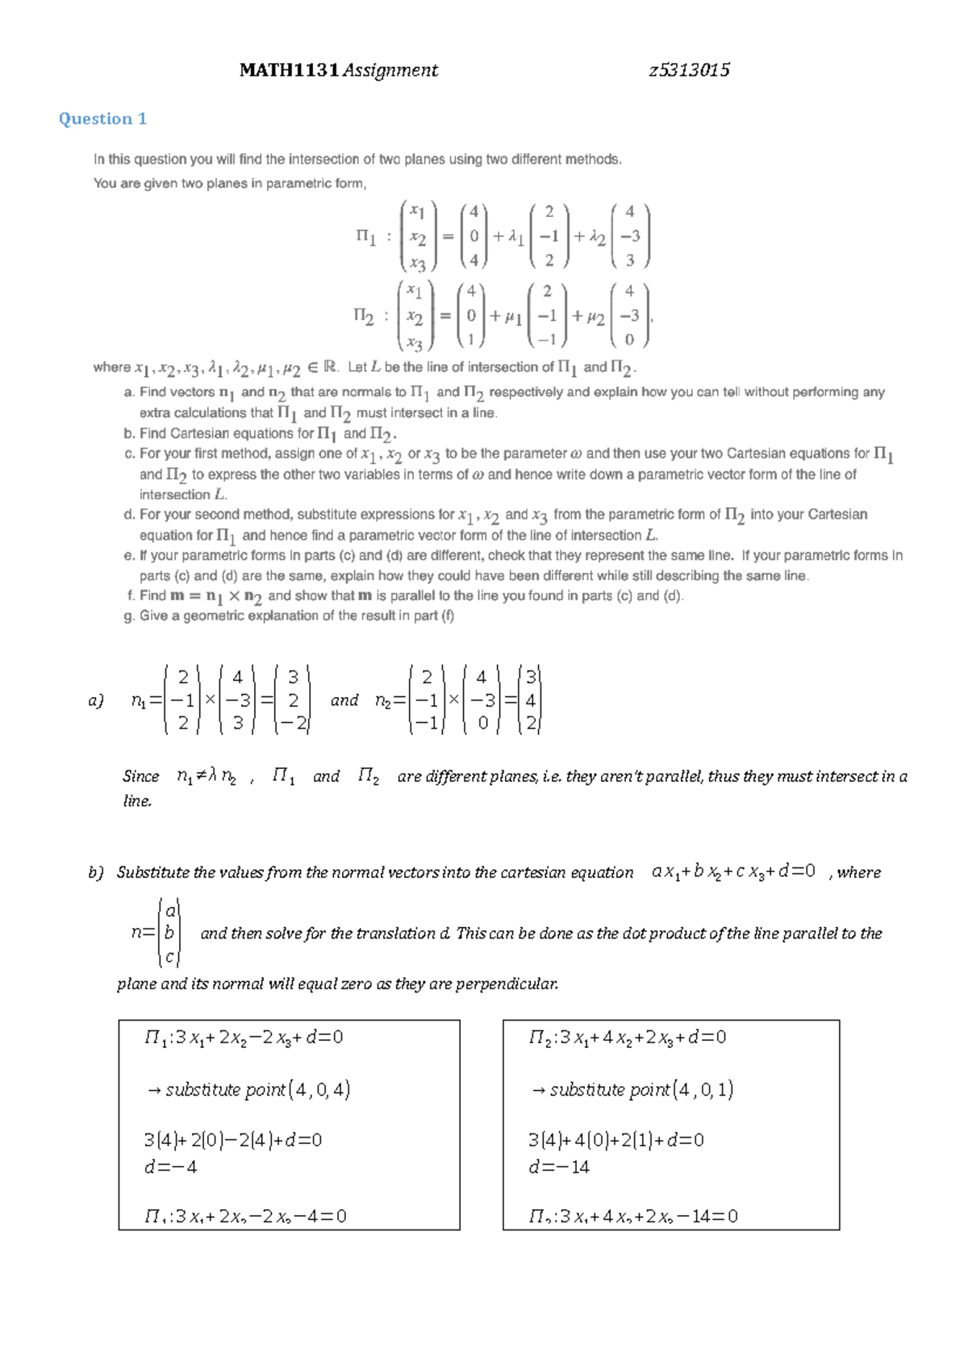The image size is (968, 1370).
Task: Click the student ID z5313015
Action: [689, 70]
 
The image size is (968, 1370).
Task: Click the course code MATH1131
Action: [289, 70]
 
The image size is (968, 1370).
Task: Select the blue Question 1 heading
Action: [102, 119]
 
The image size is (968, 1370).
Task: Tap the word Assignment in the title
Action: [390, 70]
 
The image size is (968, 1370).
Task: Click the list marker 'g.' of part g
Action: [129, 616]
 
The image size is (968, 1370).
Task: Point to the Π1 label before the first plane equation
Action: [365, 236]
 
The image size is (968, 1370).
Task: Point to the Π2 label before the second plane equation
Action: [364, 315]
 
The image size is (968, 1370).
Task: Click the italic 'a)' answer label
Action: [96, 700]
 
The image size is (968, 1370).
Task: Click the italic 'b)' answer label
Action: [96, 872]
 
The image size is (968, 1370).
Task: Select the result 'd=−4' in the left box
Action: [170, 1167]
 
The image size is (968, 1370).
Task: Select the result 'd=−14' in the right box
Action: [558, 1167]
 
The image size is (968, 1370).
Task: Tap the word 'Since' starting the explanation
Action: [140, 776]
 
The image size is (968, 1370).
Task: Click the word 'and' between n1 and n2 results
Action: [344, 700]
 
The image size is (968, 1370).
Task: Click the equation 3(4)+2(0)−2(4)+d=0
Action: [232, 1140]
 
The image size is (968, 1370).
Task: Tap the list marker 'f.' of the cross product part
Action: [130, 595]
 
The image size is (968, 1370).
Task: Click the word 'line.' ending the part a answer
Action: [137, 801]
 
